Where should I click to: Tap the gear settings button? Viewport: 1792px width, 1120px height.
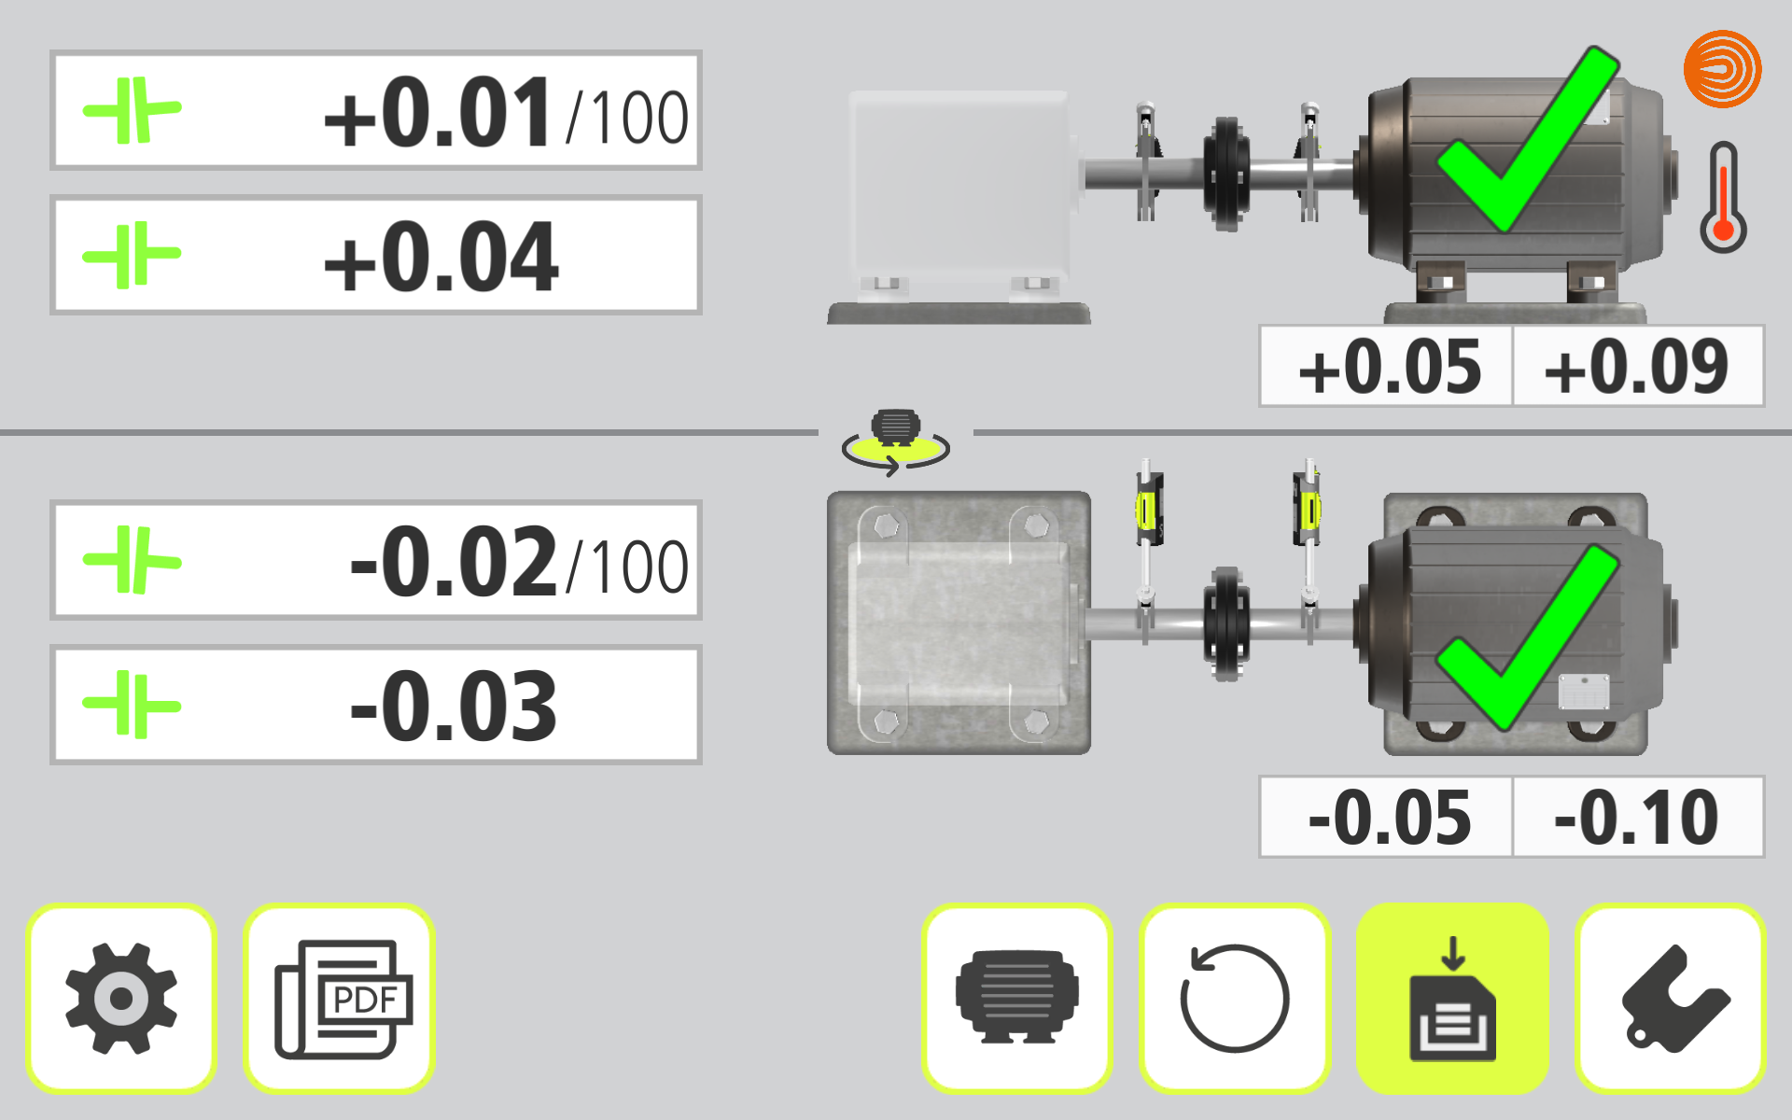(121, 999)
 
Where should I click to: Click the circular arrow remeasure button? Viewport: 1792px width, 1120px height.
(1234, 999)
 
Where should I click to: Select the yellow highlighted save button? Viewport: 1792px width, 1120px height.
(1452, 999)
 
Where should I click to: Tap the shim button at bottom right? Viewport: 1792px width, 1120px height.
(1671, 999)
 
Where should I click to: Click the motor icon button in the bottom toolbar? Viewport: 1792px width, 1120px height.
(1017, 999)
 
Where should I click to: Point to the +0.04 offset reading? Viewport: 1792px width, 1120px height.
(441, 257)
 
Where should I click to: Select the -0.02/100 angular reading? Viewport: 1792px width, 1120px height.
(519, 562)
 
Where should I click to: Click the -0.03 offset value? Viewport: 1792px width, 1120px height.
(454, 707)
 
